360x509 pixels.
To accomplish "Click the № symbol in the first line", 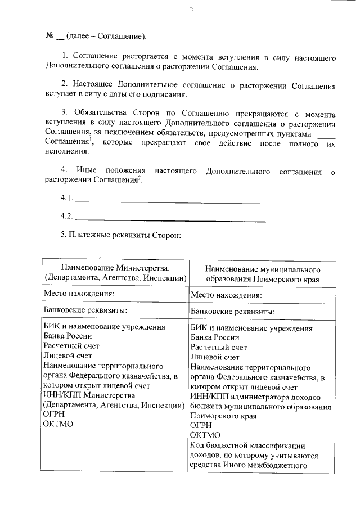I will (49, 37).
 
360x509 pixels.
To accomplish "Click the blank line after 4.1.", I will (170, 199).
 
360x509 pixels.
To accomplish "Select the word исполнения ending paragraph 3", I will (66, 152).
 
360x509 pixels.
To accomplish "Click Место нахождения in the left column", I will (79, 294).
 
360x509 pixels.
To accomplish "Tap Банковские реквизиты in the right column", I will (233, 311).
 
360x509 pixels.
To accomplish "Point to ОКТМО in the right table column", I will (206, 435).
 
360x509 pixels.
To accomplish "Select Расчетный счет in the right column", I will (219, 347).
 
